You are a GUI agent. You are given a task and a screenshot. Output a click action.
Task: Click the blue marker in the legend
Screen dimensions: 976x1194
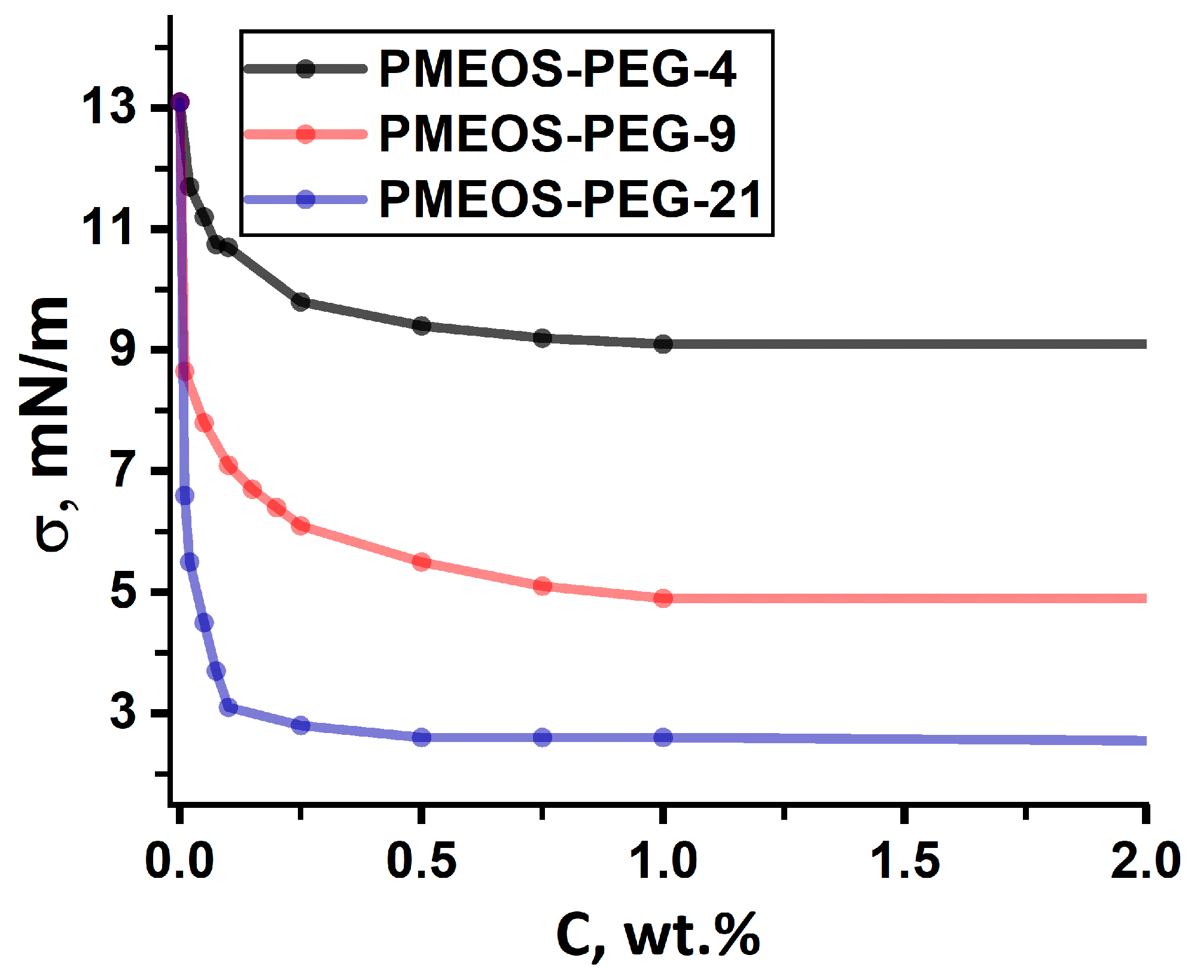point(306,199)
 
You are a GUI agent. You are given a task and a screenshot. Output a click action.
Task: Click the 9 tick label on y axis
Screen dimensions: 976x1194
point(123,349)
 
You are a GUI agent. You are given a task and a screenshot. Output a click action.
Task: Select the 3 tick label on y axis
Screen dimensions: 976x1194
point(123,712)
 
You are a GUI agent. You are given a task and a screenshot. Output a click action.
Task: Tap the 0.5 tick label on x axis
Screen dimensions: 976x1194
point(421,861)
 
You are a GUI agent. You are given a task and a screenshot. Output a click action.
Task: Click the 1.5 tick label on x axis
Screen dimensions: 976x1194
point(904,861)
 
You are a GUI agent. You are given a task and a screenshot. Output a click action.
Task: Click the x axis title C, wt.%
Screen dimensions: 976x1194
point(658,935)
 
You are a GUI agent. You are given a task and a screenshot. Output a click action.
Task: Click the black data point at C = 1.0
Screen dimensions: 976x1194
point(663,343)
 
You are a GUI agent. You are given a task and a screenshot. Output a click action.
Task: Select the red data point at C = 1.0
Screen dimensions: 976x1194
point(663,598)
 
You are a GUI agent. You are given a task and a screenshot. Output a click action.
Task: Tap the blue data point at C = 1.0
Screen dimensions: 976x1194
point(663,737)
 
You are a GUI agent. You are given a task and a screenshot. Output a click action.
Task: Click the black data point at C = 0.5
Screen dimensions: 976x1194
point(422,326)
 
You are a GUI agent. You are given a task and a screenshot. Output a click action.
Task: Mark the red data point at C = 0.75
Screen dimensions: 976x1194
point(543,585)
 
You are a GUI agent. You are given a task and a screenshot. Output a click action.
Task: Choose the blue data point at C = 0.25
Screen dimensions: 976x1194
point(301,725)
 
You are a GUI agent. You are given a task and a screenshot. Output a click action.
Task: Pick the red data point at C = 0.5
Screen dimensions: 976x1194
point(422,561)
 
